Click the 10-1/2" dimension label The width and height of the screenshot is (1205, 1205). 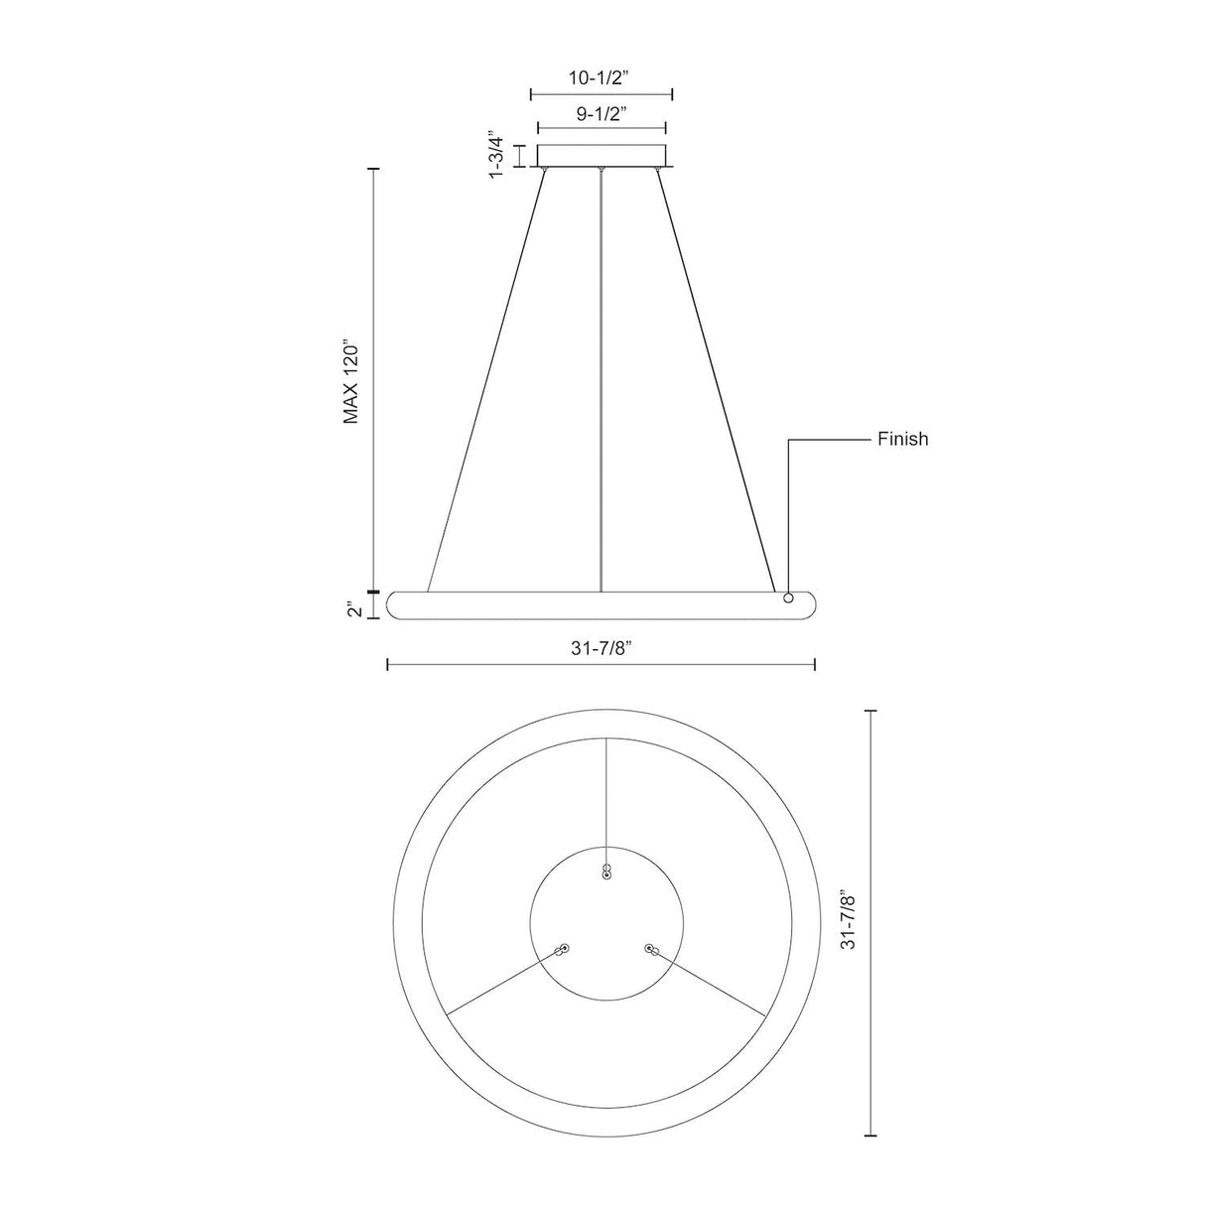coord(602,77)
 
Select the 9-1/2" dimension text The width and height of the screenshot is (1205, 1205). coord(602,113)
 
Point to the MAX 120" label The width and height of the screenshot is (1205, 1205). coord(350,385)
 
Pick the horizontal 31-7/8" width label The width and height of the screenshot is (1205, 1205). coord(602,647)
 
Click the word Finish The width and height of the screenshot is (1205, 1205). coord(902,439)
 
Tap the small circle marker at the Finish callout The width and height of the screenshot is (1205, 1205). coord(788,598)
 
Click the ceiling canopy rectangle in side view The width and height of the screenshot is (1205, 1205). coord(602,156)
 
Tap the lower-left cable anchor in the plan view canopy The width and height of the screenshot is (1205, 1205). coord(563,949)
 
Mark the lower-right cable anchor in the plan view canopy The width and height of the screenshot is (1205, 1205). coord(651,950)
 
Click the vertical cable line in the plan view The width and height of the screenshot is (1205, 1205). coord(606,794)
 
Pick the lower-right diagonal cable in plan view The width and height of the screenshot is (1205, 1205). coord(711,983)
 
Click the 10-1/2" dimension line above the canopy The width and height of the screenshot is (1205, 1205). coord(602,95)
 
